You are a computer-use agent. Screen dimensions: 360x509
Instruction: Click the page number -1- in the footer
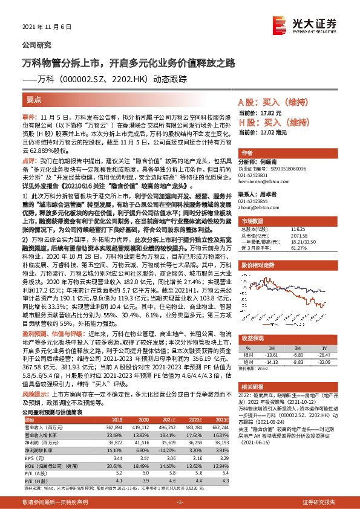(x=180, y=502)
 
